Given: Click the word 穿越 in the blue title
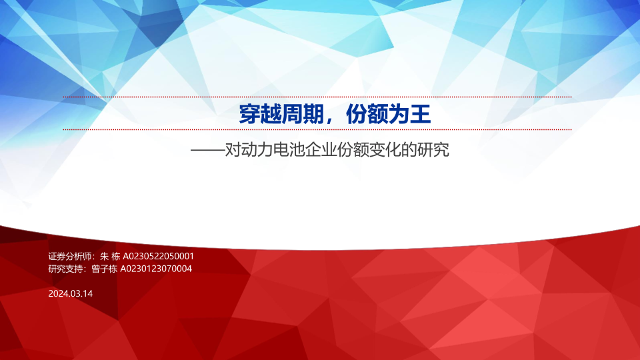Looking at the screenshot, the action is point(260,114).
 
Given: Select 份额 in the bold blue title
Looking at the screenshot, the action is point(367,114).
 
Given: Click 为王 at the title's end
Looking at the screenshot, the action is point(410,114).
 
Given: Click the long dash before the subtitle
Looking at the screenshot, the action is point(208,151).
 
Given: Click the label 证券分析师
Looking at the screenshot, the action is point(70,256).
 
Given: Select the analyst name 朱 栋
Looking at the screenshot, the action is point(110,256).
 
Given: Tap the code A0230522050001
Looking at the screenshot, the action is point(159,256).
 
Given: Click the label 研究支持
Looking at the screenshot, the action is point(66,269).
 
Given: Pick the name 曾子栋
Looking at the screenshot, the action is point(105,269).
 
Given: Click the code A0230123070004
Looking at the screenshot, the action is point(156,269).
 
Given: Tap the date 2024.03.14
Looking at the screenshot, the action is point(70,293).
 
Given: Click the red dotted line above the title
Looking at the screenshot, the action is point(317,97).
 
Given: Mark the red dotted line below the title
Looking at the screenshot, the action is point(317,129).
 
